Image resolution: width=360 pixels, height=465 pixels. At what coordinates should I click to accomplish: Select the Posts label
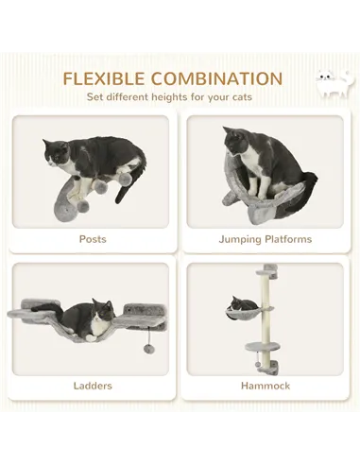(93, 239)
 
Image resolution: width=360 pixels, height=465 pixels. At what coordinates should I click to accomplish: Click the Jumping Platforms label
(265, 239)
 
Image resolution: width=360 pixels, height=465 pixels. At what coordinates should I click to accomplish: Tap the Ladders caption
(93, 386)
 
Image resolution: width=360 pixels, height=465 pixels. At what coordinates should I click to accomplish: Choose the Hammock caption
(265, 386)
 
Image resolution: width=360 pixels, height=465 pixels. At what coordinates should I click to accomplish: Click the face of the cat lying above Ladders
(101, 312)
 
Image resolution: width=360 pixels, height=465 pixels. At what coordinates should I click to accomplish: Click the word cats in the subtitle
(245, 96)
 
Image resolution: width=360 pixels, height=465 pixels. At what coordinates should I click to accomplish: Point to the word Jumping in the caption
(238, 239)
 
